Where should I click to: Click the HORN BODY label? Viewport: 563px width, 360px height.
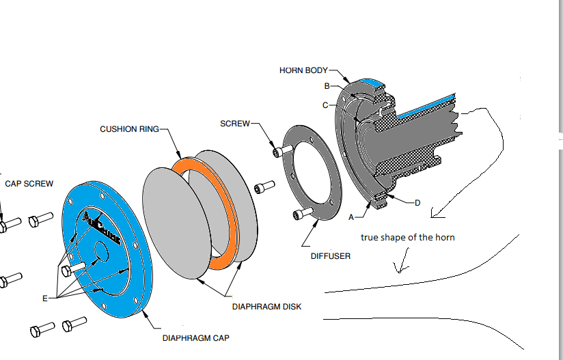tap(303, 70)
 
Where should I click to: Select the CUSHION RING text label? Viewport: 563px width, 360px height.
tap(129, 128)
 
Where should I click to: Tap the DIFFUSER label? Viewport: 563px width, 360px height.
tap(330, 256)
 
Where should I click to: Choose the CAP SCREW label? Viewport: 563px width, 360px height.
tap(29, 184)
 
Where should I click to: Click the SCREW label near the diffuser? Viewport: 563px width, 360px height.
tap(234, 124)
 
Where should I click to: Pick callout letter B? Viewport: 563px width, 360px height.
tap(327, 86)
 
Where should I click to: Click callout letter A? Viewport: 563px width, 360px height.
tap(351, 217)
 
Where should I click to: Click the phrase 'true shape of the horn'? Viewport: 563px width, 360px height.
tap(408, 238)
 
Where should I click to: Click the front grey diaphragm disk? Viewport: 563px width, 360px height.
tap(171, 225)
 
